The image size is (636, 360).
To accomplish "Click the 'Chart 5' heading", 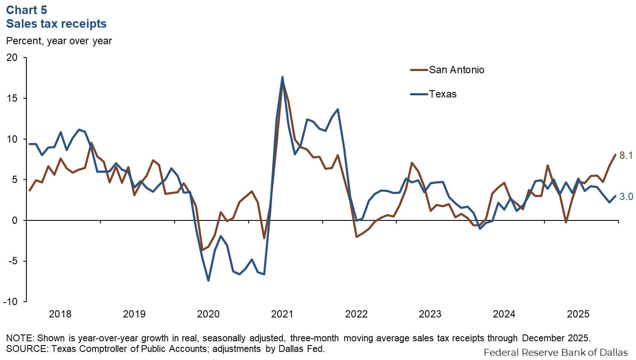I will [26, 10].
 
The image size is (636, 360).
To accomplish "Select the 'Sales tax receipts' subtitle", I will [56, 24].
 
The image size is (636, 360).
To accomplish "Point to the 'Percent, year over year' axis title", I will [59, 41].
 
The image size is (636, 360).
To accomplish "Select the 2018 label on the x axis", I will [60, 314].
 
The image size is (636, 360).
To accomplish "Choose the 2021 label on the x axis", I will [282, 314].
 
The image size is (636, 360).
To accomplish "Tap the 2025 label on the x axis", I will [578, 314].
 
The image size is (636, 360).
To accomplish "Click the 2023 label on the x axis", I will [430, 314].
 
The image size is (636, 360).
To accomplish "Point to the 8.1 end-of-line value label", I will [626, 155].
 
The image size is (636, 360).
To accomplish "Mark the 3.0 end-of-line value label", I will [626, 196].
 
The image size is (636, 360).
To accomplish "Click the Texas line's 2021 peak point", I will [282, 77].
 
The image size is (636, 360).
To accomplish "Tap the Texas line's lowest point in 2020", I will [208, 280].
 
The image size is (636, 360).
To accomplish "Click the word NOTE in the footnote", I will [20, 338].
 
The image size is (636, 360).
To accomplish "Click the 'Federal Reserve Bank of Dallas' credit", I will [556, 352].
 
